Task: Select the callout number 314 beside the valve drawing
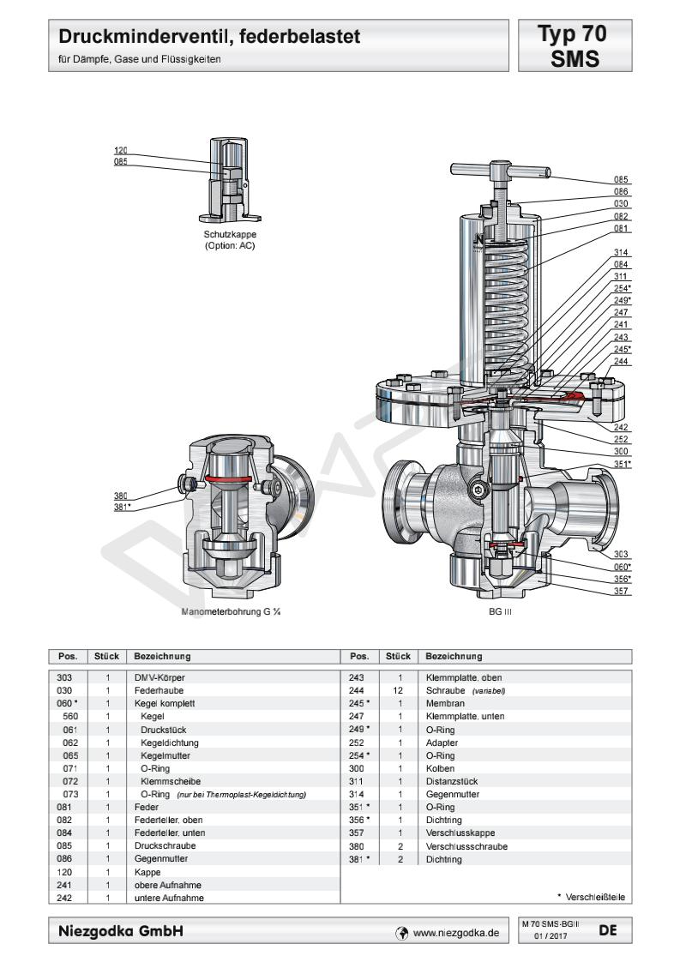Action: point(622,253)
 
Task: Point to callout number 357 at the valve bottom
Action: point(622,591)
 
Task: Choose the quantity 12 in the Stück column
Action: point(399,689)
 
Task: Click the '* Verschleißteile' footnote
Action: point(592,898)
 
